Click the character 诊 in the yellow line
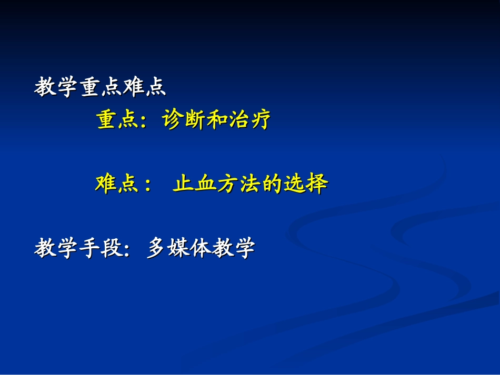(173, 120)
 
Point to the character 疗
(261, 120)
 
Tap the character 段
(112, 248)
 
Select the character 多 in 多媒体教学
(157, 248)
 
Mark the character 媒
(178, 248)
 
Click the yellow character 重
(107, 120)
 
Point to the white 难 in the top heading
(134, 87)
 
